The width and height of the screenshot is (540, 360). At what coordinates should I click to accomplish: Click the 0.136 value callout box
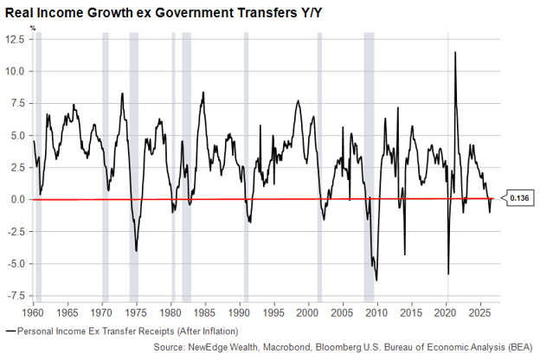pos(519,198)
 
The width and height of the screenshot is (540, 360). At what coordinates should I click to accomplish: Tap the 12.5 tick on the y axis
pos(16,39)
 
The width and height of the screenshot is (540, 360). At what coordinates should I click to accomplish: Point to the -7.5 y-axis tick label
pos(16,296)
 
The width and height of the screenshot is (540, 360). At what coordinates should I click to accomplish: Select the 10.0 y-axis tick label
pos(16,71)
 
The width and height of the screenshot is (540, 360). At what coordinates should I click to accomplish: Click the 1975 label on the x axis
pos(137,312)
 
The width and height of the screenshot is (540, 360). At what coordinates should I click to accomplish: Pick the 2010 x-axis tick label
pos(377,312)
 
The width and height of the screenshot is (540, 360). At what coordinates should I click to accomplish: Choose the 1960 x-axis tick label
pos(34,312)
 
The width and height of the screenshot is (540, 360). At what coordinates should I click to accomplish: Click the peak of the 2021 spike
pos(455,52)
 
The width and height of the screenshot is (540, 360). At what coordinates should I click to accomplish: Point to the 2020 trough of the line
pos(448,274)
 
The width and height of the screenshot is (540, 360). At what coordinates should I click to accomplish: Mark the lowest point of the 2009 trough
pos(376,280)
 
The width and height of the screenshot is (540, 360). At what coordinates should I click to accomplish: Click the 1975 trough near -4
pos(137,251)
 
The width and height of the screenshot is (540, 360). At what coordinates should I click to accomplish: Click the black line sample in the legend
pos(11,331)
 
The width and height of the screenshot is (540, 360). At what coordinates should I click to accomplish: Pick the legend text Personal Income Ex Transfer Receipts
pos(96,331)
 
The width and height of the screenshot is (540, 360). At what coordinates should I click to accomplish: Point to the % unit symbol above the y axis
pos(33,29)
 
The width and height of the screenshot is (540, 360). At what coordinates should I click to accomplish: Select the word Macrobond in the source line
pos(286,347)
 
